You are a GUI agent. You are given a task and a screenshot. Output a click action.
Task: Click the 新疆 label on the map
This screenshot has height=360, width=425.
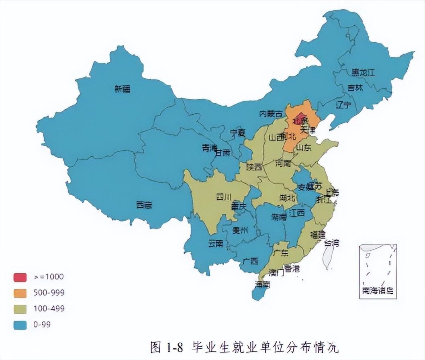click(x=122, y=89)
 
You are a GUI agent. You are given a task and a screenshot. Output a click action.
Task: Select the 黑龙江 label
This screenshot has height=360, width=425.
click(x=363, y=73)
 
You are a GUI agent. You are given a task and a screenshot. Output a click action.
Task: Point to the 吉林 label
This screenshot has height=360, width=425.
click(x=355, y=88)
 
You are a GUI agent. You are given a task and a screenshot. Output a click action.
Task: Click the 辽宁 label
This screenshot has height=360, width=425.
click(x=343, y=106)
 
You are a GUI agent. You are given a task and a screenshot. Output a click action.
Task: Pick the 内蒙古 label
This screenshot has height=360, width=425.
click(x=271, y=114)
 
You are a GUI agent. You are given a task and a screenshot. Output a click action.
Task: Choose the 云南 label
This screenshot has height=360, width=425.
click(x=216, y=243)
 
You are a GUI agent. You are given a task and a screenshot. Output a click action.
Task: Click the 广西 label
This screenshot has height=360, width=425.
click(x=250, y=261)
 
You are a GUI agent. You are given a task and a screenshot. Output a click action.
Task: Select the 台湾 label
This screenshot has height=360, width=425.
click(x=332, y=243)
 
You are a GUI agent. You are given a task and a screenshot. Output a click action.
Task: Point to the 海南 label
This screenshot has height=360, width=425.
click(x=262, y=284)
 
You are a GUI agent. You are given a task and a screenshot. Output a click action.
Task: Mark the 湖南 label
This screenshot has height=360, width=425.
click(x=279, y=217)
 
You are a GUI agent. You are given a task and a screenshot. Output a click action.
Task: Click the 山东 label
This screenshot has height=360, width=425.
click(x=304, y=147)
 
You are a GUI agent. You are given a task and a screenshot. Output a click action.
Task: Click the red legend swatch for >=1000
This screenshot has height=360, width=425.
click(x=20, y=277)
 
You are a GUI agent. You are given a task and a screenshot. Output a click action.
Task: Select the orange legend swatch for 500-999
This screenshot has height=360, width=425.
click(x=20, y=293)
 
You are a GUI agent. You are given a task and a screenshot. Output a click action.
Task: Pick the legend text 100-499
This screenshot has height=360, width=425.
click(x=49, y=309)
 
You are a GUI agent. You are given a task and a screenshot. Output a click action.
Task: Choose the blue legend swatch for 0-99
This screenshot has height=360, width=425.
click(x=20, y=325)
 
